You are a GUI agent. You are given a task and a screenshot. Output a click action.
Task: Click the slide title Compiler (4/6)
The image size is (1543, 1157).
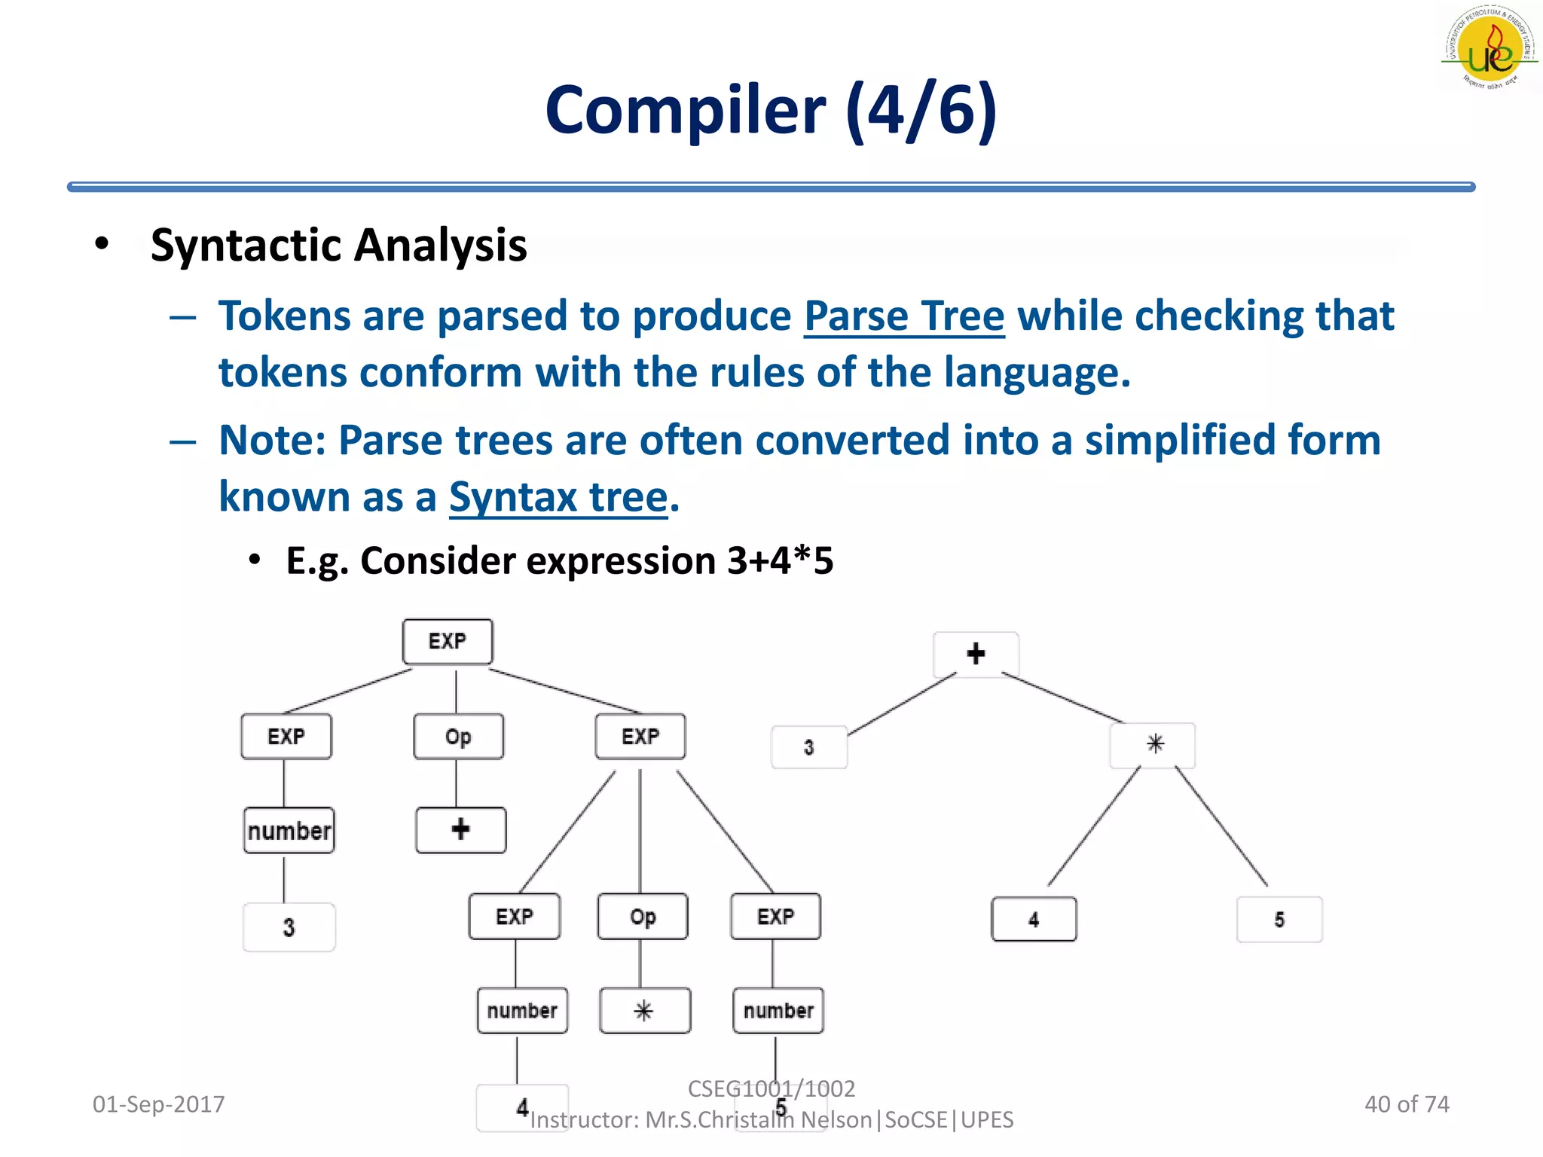tap(771, 111)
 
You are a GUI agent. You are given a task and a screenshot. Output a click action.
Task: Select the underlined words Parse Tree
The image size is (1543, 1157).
tap(903, 316)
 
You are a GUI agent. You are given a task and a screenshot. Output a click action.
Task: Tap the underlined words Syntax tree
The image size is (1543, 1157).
tap(558, 497)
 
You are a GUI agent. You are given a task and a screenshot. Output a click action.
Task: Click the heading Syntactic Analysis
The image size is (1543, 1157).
tap(338, 246)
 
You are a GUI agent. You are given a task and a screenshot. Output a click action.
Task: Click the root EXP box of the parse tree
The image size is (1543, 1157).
tap(448, 642)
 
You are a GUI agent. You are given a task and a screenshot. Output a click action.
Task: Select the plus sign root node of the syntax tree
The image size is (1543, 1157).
tap(976, 654)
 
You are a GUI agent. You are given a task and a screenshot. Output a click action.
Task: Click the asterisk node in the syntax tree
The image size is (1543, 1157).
tap(1153, 745)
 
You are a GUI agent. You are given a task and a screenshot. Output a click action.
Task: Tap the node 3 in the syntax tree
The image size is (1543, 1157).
tap(808, 747)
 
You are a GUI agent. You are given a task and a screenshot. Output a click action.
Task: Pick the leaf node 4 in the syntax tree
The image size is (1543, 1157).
tap(1034, 919)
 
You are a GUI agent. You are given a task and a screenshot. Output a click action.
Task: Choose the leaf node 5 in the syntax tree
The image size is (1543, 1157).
tap(1279, 919)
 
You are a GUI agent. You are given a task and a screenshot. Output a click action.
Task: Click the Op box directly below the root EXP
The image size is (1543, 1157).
tap(458, 737)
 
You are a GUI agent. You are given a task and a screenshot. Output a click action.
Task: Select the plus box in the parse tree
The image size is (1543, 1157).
tap(460, 830)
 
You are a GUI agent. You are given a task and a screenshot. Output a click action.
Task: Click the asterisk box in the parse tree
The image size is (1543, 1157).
tap(644, 1011)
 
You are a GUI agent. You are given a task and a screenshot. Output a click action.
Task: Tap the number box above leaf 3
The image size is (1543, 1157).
tap(289, 831)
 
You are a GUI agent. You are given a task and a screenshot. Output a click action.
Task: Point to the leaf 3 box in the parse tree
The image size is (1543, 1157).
tap(289, 927)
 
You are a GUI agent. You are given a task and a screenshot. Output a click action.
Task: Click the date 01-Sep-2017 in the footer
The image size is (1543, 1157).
tap(158, 1104)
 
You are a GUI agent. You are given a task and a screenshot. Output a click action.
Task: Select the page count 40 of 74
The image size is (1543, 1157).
tap(1406, 1104)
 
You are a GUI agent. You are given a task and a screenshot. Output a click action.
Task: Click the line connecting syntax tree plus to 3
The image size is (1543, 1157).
tap(902, 704)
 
